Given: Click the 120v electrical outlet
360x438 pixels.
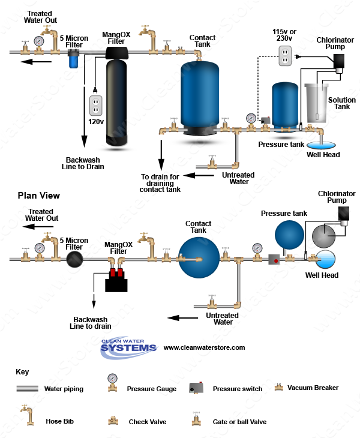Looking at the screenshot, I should click(95, 106).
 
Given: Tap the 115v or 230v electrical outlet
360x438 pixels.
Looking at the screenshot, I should click(284, 57).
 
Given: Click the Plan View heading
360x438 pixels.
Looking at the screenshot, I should click(38, 196).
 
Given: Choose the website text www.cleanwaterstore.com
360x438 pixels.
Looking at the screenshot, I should click(204, 347).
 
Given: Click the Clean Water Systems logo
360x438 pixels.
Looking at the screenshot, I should click(128, 346).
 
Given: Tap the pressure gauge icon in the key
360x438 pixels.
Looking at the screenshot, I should click(112, 383).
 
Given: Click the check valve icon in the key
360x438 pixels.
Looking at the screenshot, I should click(112, 421).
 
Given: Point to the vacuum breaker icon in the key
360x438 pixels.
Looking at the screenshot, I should click(278, 387).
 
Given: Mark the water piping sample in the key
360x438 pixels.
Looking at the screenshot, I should click(27, 389).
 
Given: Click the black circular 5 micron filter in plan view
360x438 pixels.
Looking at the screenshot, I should click(75, 259).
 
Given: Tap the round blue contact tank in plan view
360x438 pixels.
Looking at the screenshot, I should click(199, 258).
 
